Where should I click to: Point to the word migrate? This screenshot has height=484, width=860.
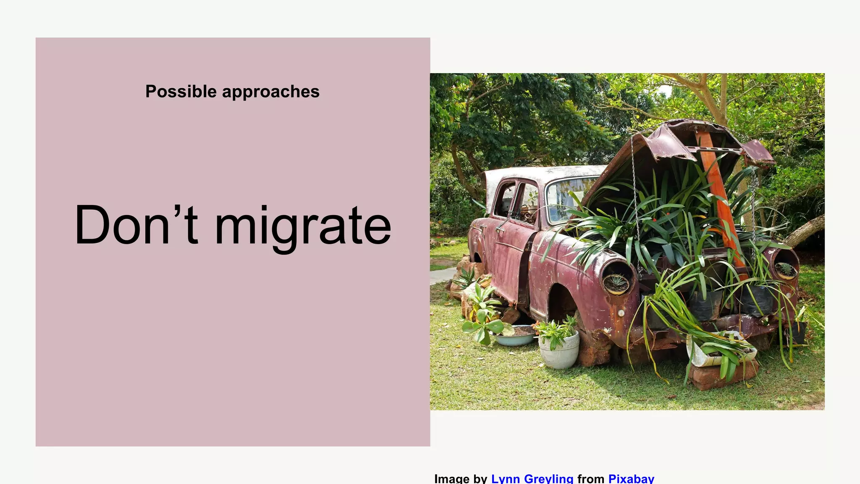click(x=302, y=227)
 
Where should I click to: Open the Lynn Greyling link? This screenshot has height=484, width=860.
click(x=532, y=479)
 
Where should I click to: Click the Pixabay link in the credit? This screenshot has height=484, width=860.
click(x=631, y=479)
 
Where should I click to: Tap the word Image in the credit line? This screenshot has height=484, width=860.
click(x=452, y=479)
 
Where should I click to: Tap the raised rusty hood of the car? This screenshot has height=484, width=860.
click(x=663, y=143)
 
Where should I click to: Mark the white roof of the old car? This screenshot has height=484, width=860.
click(x=542, y=172)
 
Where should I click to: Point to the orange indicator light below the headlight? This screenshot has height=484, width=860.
click(x=621, y=313)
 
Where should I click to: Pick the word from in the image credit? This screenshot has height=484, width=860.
click(x=590, y=479)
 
